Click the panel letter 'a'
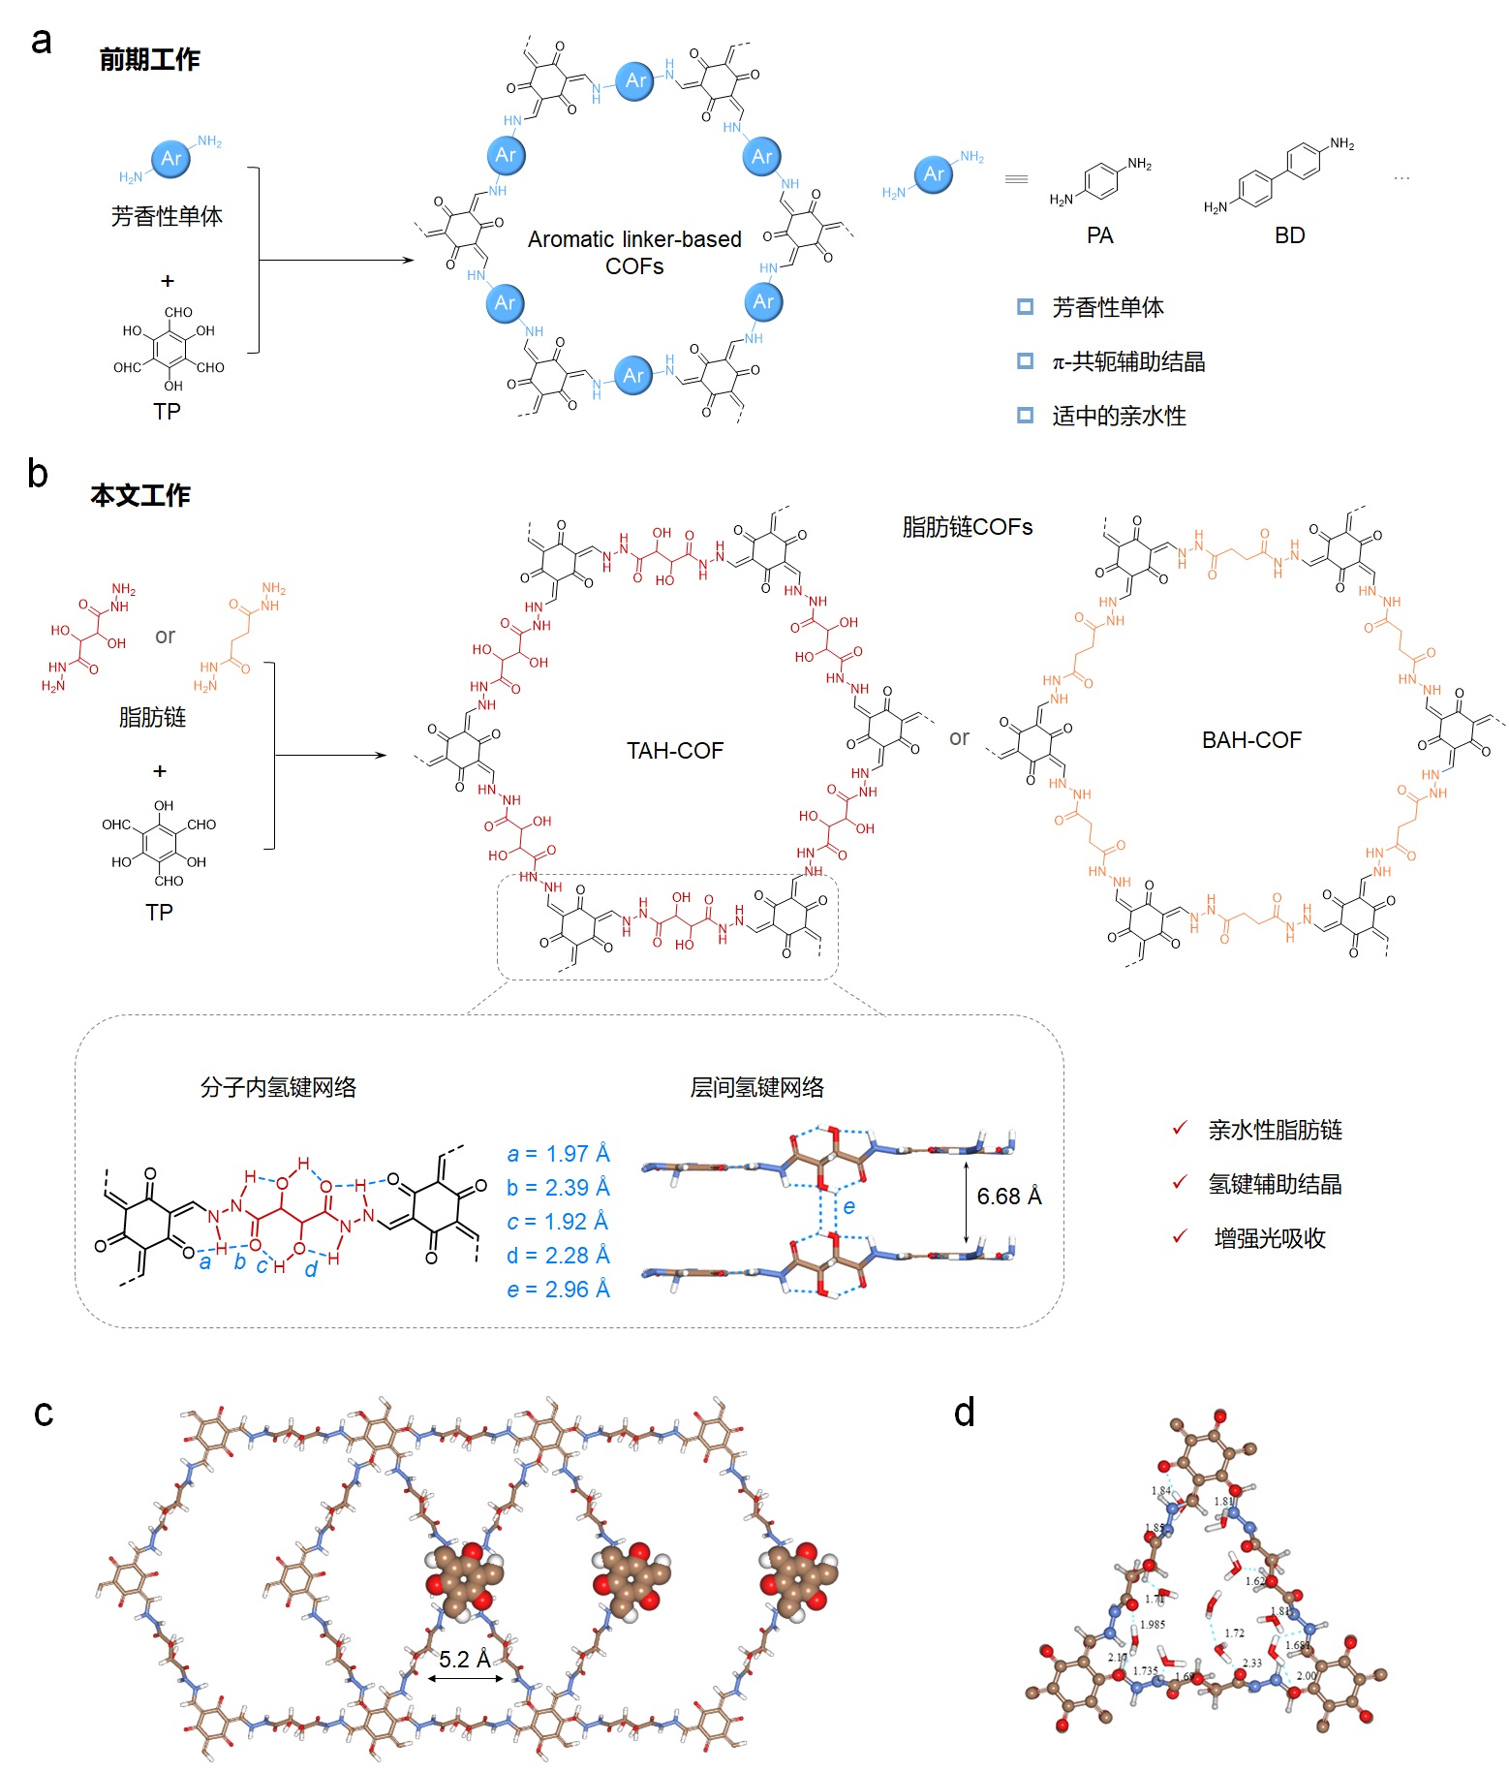pyautogui.click(x=41, y=42)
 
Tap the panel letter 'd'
pyautogui.click(x=964, y=1413)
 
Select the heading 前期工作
pyautogui.click(x=149, y=60)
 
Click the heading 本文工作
pyautogui.click(x=140, y=495)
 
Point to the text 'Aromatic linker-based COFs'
pyautogui.click(x=634, y=252)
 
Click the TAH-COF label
pyautogui.click(x=674, y=751)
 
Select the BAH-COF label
pyautogui.click(x=1251, y=740)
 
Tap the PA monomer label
pyautogui.click(x=1099, y=235)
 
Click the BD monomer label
pyautogui.click(x=1289, y=235)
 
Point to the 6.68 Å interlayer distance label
pyautogui.click(x=1008, y=1197)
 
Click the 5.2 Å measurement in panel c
pyautogui.click(x=464, y=1660)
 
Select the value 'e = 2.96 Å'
pyautogui.click(x=558, y=1290)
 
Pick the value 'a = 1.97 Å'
pyautogui.click(x=558, y=1154)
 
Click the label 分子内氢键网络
pyautogui.click(x=278, y=1088)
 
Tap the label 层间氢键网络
pyautogui.click(x=756, y=1088)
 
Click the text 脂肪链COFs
pyautogui.click(x=967, y=527)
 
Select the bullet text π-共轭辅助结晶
pyautogui.click(x=1128, y=362)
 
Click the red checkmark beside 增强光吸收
pyautogui.click(x=1180, y=1237)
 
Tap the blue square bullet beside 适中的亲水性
pyautogui.click(x=1025, y=416)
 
